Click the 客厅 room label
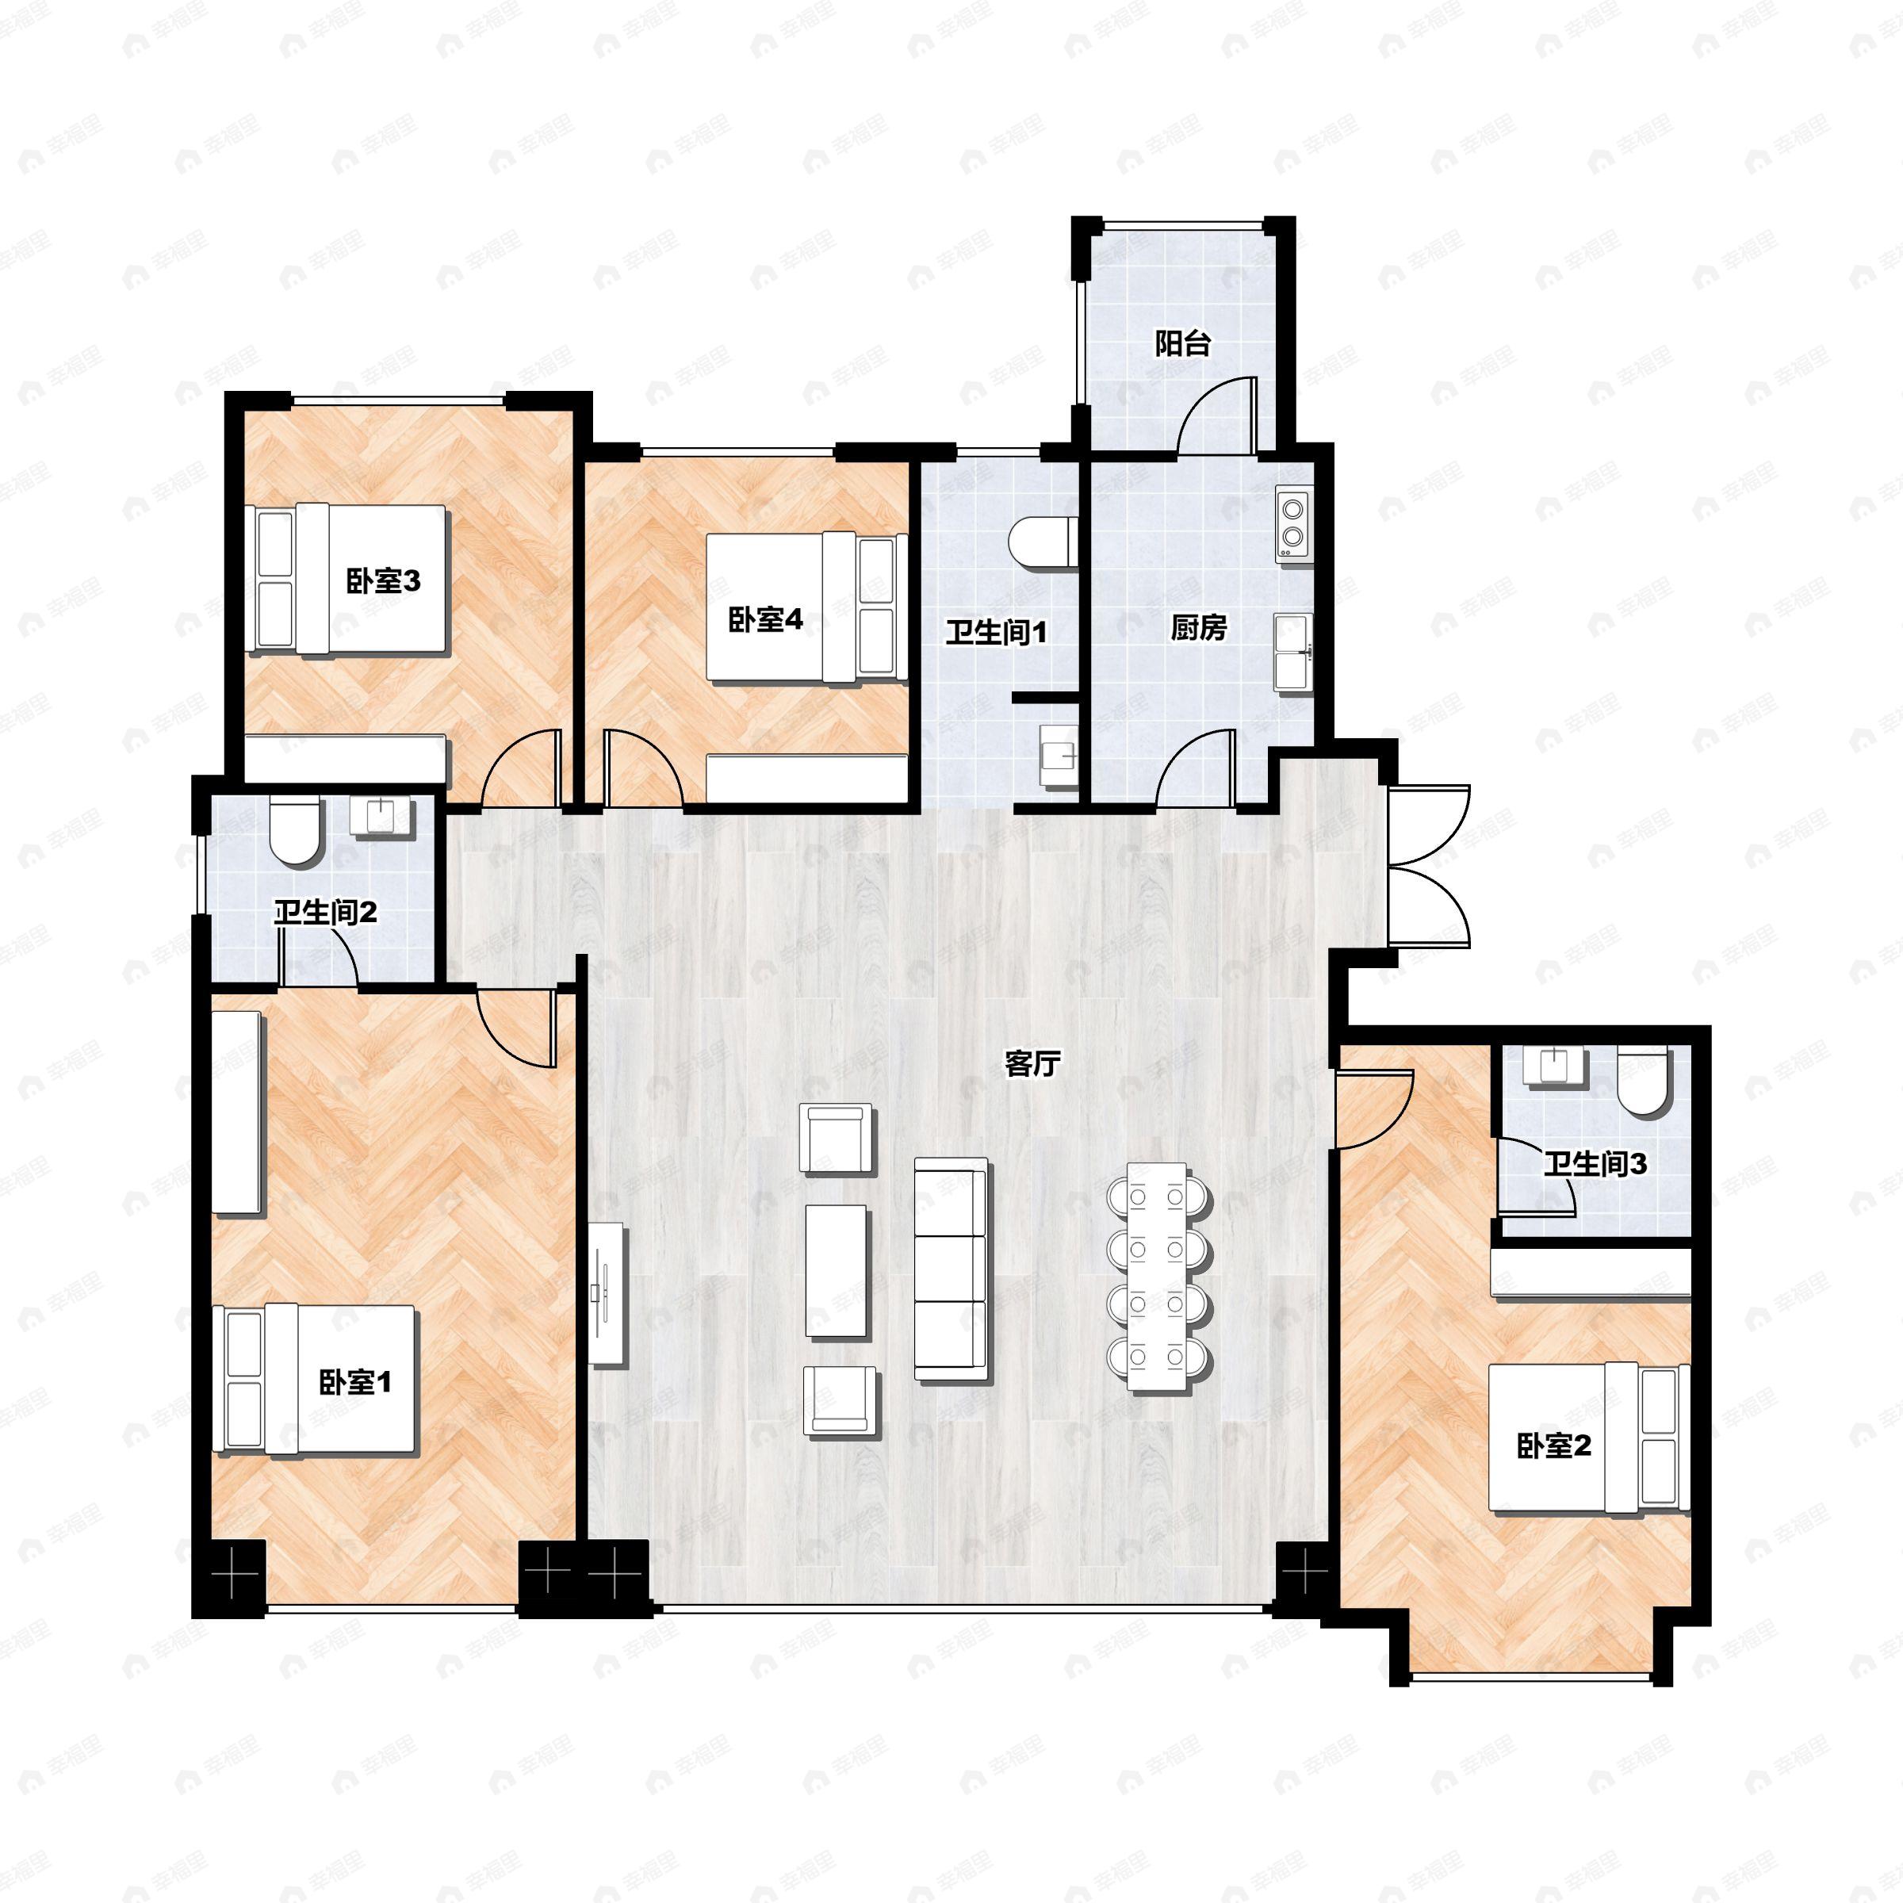point(1032,1064)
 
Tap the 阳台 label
point(1182,344)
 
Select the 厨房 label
point(1199,627)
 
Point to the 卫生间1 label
point(995,633)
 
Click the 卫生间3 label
point(1595,1164)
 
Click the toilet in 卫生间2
point(294,829)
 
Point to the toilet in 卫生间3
point(1644,1082)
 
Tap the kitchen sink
point(1293,651)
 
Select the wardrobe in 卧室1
point(237,1113)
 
